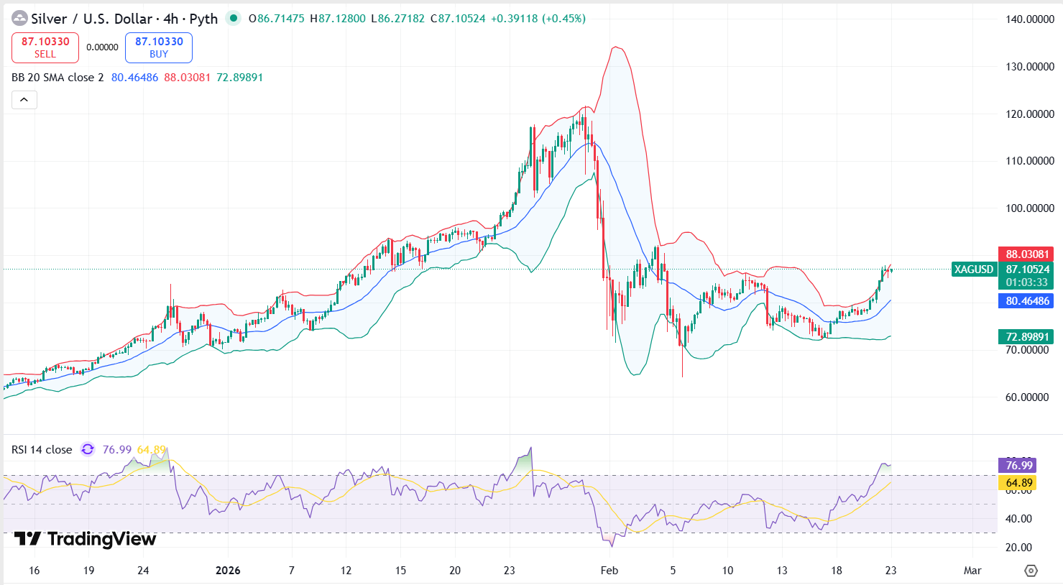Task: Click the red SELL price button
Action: click(x=45, y=47)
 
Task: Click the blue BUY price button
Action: click(x=159, y=47)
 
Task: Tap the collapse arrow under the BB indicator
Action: click(x=24, y=100)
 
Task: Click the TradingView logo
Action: click(x=85, y=539)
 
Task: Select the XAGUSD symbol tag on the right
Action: click(x=973, y=270)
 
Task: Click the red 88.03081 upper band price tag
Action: click(x=1026, y=254)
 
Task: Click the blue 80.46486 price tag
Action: click(x=1026, y=301)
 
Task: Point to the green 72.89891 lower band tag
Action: click(x=1026, y=337)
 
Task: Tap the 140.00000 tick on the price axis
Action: click(x=1029, y=19)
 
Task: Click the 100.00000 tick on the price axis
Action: click(x=1029, y=208)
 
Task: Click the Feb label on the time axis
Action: click(x=609, y=571)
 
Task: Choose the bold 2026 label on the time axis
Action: click(x=228, y=571)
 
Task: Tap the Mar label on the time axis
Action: click(x=972, y=571)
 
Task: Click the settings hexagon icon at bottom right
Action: click(x=1031, y=571)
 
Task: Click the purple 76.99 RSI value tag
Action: click(x=1018, y=466)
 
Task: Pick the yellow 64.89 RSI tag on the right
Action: click(x=1018, y=483)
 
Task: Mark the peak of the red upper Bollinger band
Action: click(x=616, y=47)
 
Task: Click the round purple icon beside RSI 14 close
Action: click(x=88, y=449)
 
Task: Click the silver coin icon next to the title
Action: click(x=19, y=19)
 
